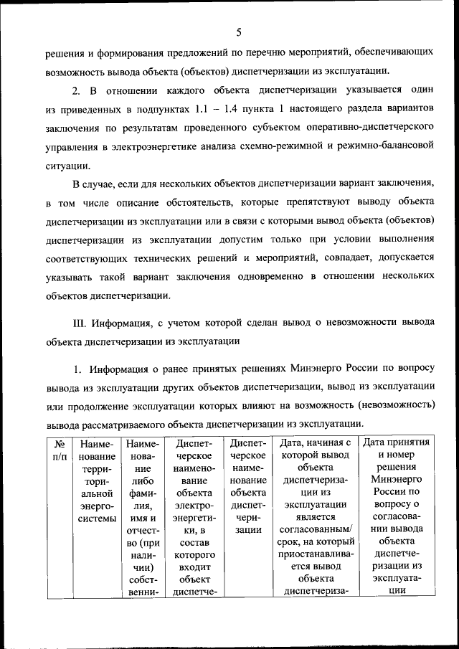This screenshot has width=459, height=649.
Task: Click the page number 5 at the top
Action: point(239,31)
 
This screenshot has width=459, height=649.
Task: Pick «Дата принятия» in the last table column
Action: point(397,442)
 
